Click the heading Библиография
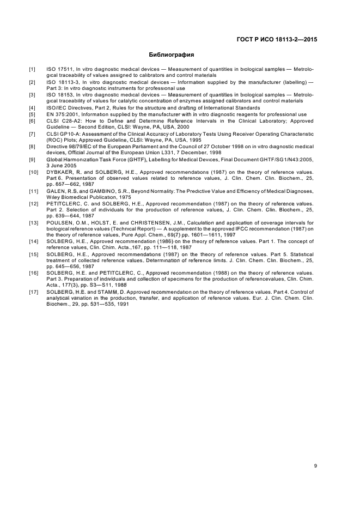coord(172,55)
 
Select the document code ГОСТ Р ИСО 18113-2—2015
coord(277,39)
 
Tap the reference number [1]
coord(32,70)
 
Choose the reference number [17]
coord(33,293)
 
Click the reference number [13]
coord(33,222)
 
